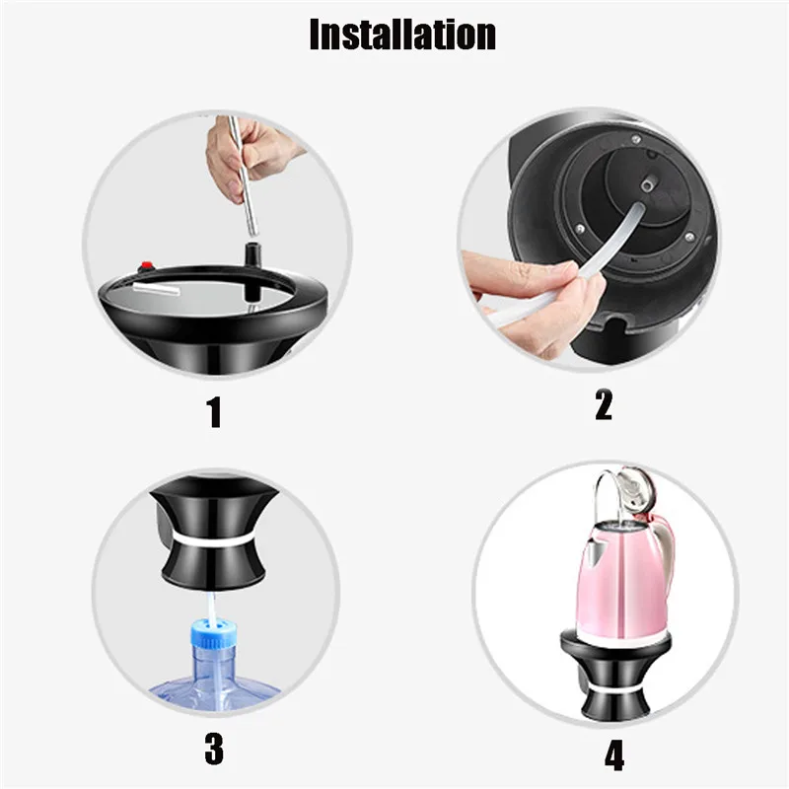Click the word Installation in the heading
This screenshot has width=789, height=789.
[x=402, y=34]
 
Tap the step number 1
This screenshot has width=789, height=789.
[x=215, y=411]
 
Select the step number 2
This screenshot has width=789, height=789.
[x=604, y=404]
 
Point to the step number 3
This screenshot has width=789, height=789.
[x=214, y=749]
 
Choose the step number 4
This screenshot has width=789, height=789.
[x=613, y=754]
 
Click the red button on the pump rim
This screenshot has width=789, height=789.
[x=147, y=265]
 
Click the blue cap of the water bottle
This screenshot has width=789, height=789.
[x=213, y=634]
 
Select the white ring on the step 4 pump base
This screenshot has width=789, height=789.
[x=615, y=687]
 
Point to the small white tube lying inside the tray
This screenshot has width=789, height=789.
[x=156, y=291]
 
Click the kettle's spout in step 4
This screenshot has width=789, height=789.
[x=592, y=547]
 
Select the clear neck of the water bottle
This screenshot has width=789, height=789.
[x=213, y=663]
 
